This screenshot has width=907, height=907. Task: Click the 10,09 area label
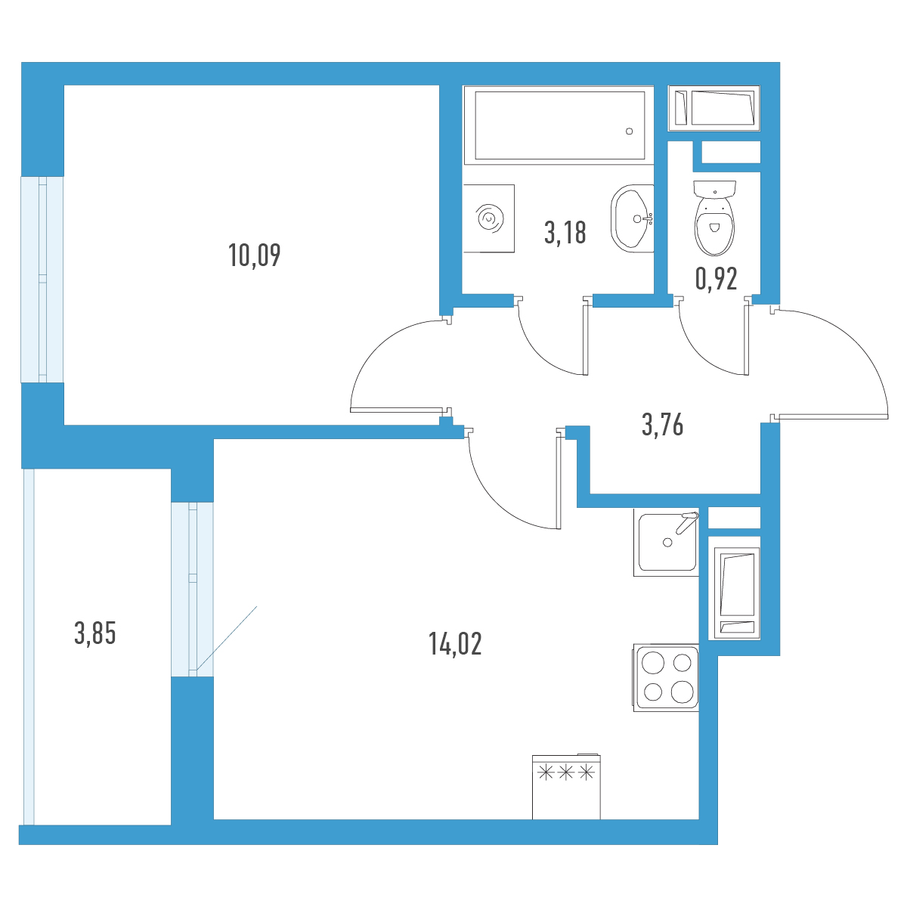(x=254, y=255)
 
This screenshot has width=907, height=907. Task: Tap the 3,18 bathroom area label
(x=565, y=233)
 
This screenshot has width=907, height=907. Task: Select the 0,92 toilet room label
(x=716, y=278)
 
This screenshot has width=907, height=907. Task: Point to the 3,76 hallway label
(x=662, y=424)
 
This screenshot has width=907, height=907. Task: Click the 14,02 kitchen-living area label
(x=455, y=644)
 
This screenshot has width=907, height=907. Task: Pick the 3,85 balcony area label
(x=95, y=633)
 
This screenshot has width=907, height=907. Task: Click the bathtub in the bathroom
(x=559, y=125)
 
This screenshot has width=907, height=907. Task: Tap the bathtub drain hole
(x=629, y=132)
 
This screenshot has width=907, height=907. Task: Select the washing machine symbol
(x=488, y=218)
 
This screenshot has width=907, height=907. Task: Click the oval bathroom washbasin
(x=632, y=218)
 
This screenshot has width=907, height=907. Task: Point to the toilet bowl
(x=714, y=227)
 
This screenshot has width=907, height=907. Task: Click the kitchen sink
(x=666, y=542)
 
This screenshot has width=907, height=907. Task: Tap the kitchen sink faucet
(x=687, y=522)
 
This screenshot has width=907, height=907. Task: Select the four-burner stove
(x=666, y=678)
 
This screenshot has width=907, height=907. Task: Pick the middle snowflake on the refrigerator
(x=566, y=773)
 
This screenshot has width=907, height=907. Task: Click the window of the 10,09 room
(x=42, y=280)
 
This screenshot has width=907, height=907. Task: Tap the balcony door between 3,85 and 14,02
(x=192, y=590)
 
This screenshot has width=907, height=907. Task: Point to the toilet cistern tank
(x=714, y=189)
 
